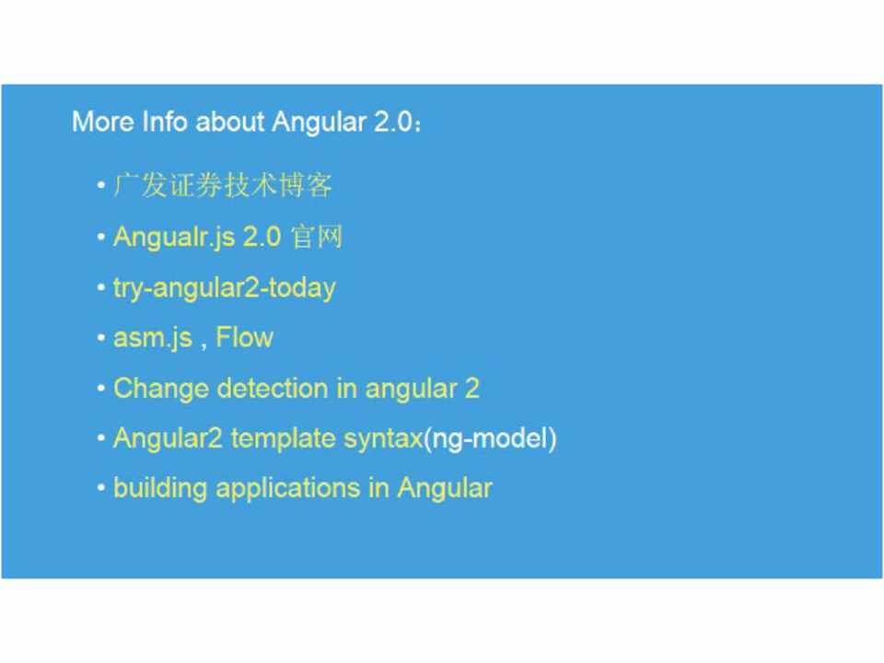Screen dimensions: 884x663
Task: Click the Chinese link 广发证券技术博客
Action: click(223, 185)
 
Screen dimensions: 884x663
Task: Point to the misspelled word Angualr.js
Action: click(174, 237)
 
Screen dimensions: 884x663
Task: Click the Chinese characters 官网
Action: click(317, 237)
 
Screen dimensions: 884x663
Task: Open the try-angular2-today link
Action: click(225, 288)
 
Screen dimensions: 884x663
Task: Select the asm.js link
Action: click(153, 338)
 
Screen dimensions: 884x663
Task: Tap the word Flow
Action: click(245, 337)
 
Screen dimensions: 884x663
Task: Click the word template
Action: click(283, 439)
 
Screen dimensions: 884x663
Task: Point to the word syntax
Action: click(383, 439)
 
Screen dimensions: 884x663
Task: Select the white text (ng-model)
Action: click(490, 439)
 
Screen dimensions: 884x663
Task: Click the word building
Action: click(160, 489)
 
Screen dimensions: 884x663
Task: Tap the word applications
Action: click(288, 489)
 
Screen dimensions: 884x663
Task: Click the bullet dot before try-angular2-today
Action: click(101, 288)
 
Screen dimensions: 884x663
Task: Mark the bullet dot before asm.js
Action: click(101, 338)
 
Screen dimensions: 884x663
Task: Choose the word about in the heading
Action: click(230, 122)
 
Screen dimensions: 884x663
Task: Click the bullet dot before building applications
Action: click(101, 488)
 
